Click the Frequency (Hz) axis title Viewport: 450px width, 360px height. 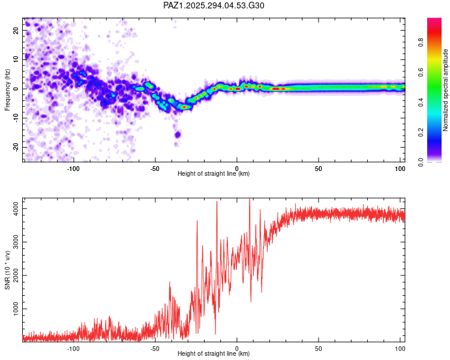7,89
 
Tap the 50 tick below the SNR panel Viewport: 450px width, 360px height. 319,348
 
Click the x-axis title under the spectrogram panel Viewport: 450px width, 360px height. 214,173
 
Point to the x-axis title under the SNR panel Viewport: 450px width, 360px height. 214,354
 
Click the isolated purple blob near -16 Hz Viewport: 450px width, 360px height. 178,134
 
